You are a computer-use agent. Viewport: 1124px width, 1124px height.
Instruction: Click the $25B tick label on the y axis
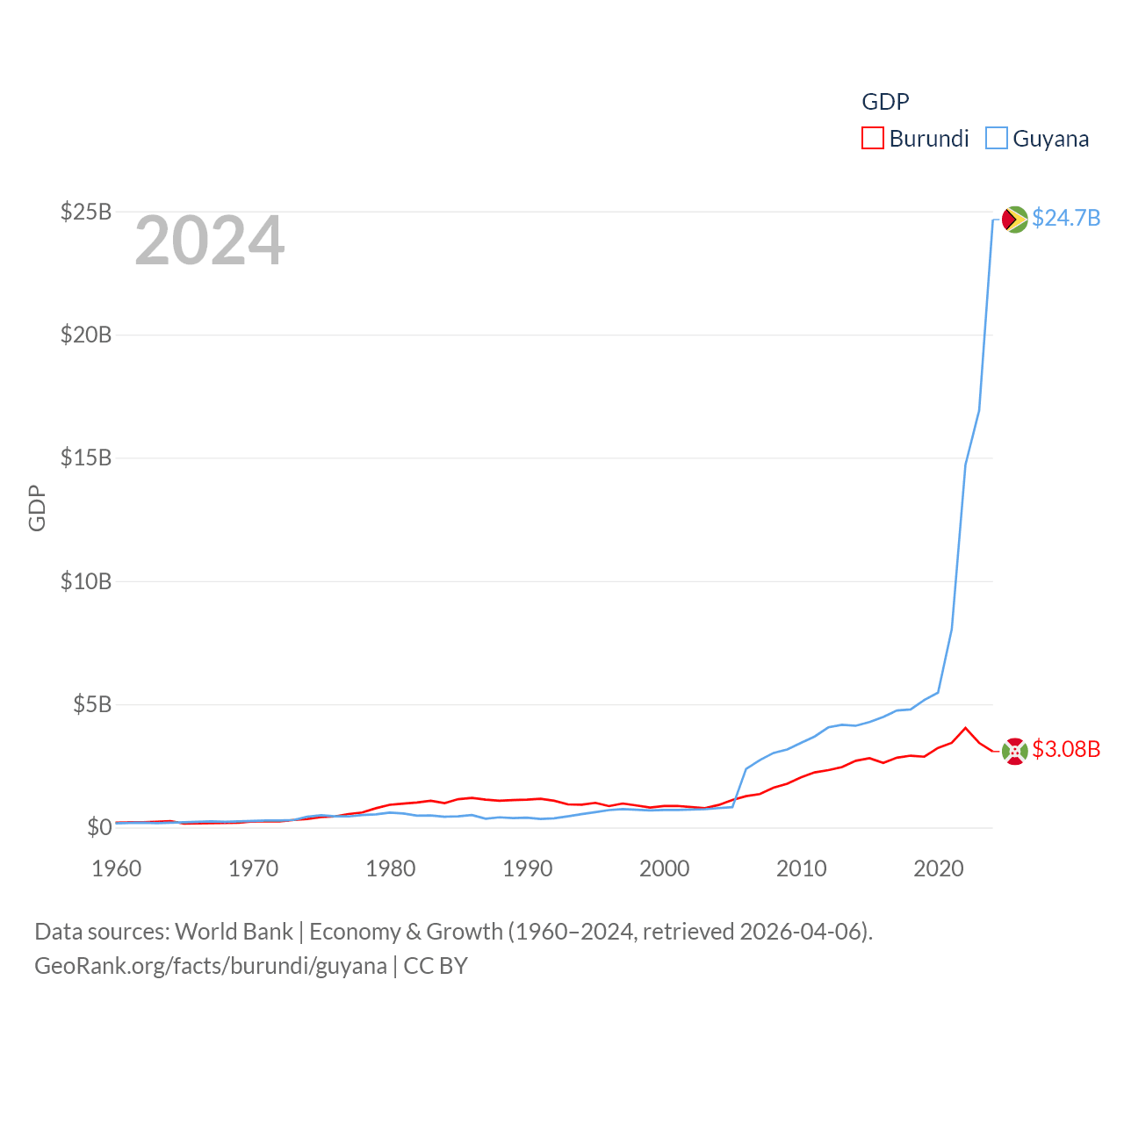[x=86, y=212]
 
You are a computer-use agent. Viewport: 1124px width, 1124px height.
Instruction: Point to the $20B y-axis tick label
[x=86, y=335]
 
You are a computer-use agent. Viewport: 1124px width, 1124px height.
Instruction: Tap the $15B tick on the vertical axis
[x=86, y=458]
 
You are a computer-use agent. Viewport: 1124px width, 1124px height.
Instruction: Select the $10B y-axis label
[x=86, y=581]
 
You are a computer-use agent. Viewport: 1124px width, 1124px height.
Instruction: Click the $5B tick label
[x=92, y=704]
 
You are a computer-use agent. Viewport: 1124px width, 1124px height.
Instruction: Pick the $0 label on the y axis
[x=99, y=827]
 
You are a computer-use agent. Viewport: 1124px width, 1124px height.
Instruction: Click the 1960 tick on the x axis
[x=117, y=868]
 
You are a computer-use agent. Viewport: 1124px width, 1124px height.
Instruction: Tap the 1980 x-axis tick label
[x=391, y=868]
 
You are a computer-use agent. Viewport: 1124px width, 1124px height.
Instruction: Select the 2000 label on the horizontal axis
[x=665, y=868]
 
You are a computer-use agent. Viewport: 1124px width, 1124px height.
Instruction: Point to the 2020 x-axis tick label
[x=939, y=868]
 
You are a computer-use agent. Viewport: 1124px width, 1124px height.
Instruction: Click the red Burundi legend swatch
[x=872, y=138]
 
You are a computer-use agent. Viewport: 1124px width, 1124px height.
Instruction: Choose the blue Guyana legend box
[x=996, y=138]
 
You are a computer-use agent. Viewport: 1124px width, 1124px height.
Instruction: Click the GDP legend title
[x=885, y=102]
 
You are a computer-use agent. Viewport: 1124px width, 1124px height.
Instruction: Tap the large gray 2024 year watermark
[x=209, y=241]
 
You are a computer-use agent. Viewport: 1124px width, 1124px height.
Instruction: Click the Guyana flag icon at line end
[x=1014, y=219]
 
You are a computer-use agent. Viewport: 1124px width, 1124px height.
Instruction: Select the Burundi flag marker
[x=1014, y=751]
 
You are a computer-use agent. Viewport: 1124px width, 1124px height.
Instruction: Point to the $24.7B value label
[x=1066, y=218]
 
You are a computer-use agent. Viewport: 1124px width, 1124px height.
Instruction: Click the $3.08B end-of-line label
[x=1066, y=749]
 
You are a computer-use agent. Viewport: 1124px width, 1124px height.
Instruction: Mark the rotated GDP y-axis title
[x=37, y=508]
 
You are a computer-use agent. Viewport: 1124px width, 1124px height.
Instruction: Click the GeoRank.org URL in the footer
[x=211, y=966]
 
